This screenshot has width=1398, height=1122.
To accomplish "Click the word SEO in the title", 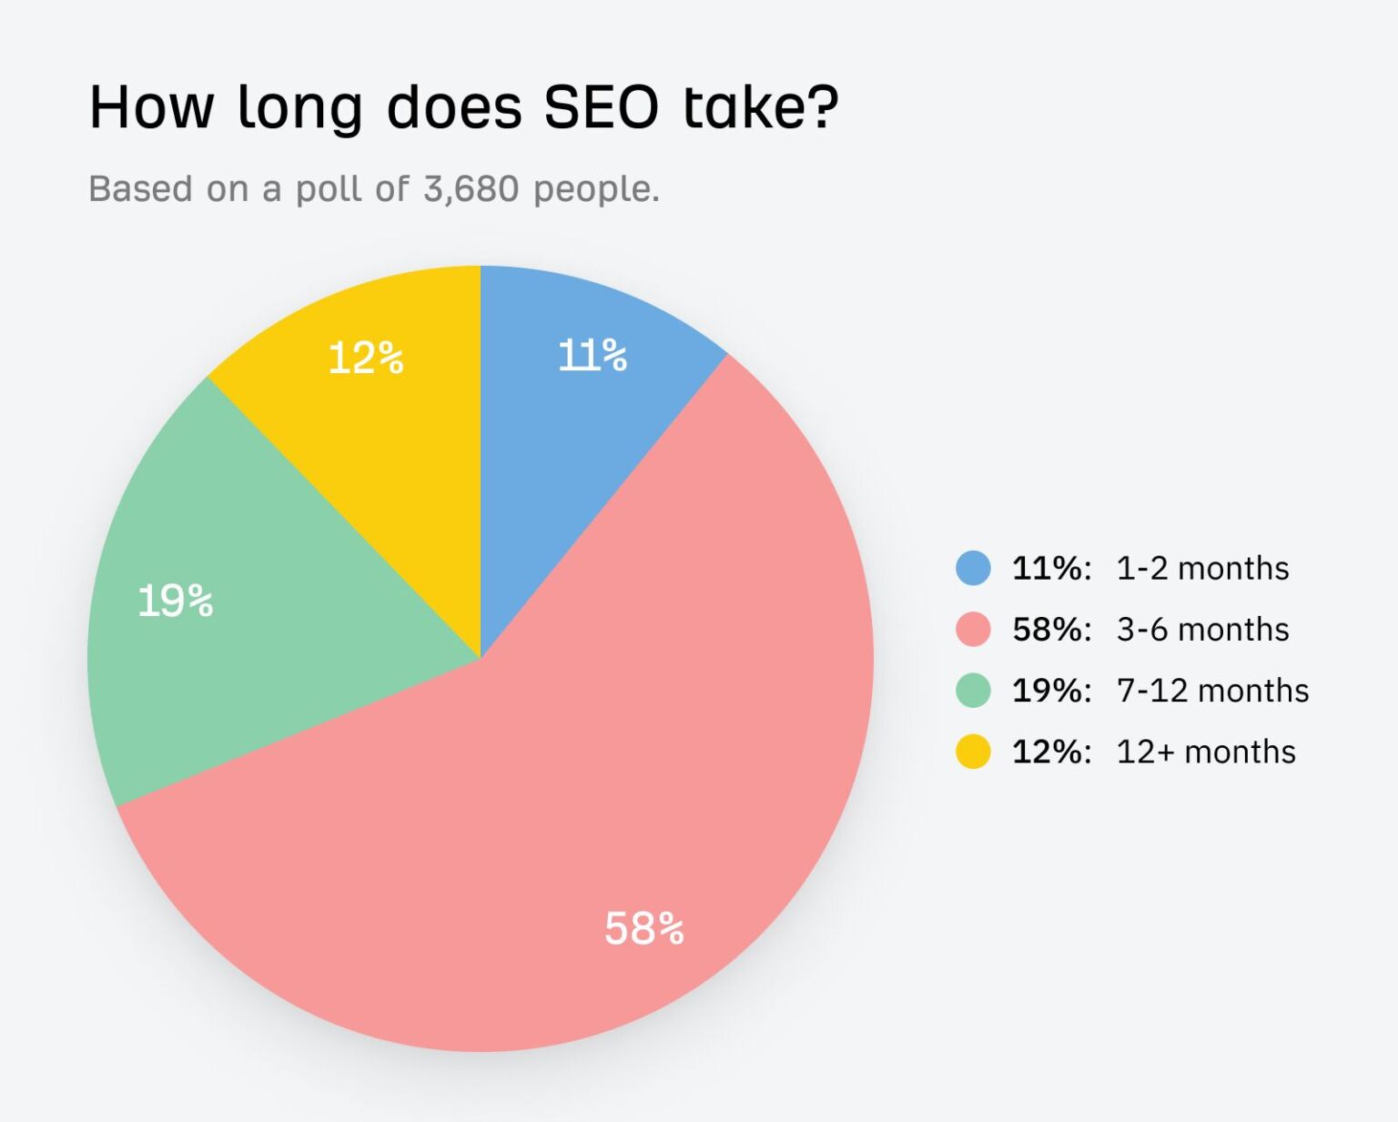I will pyautogui.click(x=601, y=107).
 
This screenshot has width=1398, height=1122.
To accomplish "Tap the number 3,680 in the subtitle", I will pyautogui.click(x=471, y=189).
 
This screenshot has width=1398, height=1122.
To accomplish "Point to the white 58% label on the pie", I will pyautogui.click(x=643, y=929).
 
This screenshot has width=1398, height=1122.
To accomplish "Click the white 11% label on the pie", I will pyautogui.click(x=592, y=356).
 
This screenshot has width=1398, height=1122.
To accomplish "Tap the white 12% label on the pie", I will pyautogui.click(x=365, y=359).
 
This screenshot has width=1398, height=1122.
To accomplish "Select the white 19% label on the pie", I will pyautogui.click(x=175, y=601).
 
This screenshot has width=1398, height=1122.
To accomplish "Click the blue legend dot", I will pyautogui.click(x=973, y=568).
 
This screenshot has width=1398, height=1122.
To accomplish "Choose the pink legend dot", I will pyautogui.click(x=973, y=629).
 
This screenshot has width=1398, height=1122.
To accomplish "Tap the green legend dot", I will pyautogui.click(x=973, y=690).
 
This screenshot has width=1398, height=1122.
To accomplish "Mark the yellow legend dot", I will pyautogui.click(x=973, y=752).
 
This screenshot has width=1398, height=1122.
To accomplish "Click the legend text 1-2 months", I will pyautogui.click(x=1202, y=569).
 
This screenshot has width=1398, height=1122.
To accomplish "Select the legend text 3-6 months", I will pyautogui.click(x=1202, y=630).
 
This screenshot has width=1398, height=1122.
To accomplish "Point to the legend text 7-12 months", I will pyautogui.click(x=1212, y=691).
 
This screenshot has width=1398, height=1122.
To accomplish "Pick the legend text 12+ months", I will pyautogui.click(x=1206, y=753).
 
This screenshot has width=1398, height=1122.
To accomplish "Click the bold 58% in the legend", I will pyautogui.click(x=1050, y=630).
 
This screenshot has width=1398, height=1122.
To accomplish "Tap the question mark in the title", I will pyautogui.click(x=823, y=107).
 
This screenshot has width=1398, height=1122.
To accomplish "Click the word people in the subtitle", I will pyautogui.click(x=595, y=189).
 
